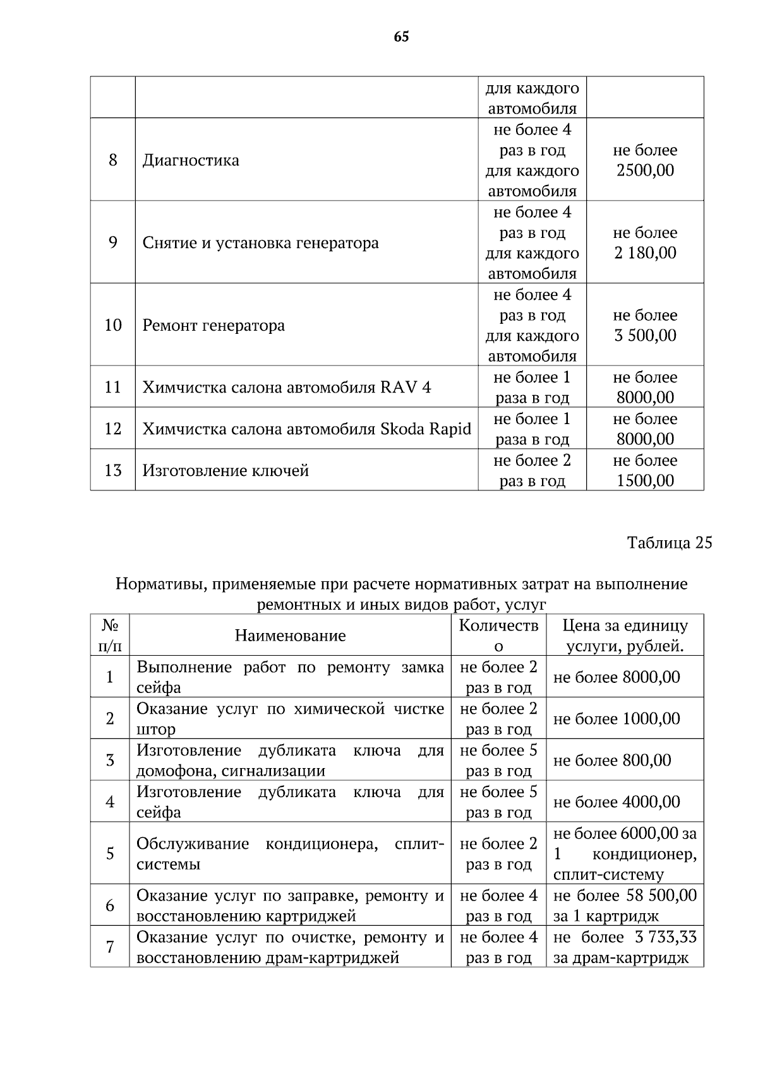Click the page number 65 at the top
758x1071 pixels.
[401, 37]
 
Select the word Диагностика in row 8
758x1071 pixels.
[191, 160]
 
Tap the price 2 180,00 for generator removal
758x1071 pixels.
[645, 253]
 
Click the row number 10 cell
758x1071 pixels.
[113, 326]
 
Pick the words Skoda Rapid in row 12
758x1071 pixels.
[425, 429]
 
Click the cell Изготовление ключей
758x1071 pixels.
[226, 471]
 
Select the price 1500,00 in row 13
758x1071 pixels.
[645, 481]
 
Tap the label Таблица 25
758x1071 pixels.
[669, 543]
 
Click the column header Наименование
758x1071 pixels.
[290, 636]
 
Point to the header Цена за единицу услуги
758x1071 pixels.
[625, 636]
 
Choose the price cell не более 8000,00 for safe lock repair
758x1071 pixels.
[617, 677]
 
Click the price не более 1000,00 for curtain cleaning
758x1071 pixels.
[617, 719]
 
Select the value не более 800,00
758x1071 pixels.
[612, 760]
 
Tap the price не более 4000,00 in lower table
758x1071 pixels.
[617, 802]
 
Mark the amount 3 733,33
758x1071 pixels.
[662, 937]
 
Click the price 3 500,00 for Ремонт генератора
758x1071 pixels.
[645, 336]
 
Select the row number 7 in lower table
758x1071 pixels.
[110, 947]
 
